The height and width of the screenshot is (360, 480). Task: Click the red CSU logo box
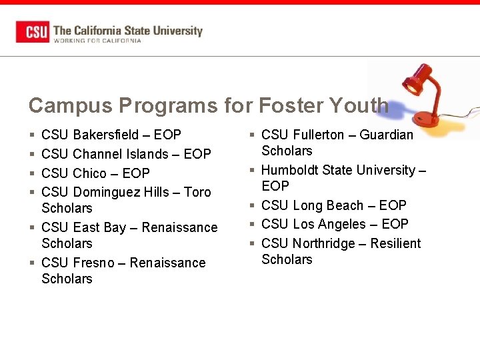pos(33,32)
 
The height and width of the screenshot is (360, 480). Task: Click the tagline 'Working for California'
pos(97,41)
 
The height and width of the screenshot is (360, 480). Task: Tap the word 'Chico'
pos(89,173)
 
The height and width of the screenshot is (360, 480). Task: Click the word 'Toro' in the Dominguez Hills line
pos(197,192)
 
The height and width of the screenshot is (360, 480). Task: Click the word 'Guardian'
pos(386,135)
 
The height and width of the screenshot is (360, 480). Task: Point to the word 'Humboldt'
pos(291,170)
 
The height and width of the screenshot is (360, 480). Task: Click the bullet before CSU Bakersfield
pos(32,135)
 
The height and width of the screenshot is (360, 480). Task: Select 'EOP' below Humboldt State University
pos(275,186)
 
